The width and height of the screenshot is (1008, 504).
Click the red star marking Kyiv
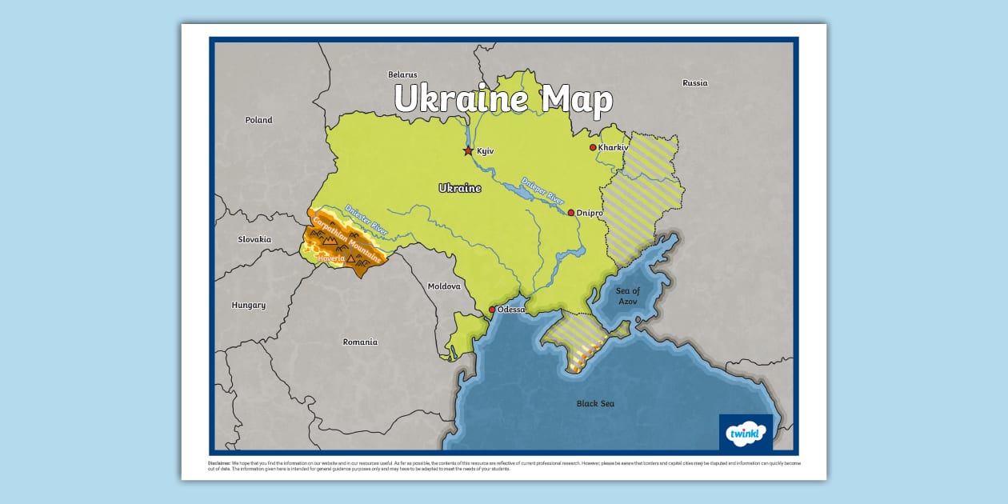468,150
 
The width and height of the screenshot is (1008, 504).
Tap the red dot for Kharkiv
593,147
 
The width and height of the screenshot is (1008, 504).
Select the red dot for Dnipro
571,213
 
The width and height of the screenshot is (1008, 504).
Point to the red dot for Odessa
492,310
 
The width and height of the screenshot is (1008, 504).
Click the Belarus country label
402,74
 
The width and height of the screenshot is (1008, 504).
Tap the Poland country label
258,120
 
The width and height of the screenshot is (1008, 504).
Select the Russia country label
694,83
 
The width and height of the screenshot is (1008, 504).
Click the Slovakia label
254,239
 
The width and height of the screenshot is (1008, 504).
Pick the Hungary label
248,305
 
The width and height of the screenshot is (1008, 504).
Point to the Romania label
360,342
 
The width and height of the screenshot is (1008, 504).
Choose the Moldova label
444,286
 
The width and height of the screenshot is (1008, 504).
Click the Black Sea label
595,404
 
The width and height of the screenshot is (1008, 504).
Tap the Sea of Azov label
628,296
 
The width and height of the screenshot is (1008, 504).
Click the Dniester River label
366,219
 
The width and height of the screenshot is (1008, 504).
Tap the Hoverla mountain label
330,258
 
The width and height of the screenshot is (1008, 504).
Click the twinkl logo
746,433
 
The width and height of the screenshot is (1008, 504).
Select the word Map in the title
577,100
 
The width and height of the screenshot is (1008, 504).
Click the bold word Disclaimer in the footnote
220,463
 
